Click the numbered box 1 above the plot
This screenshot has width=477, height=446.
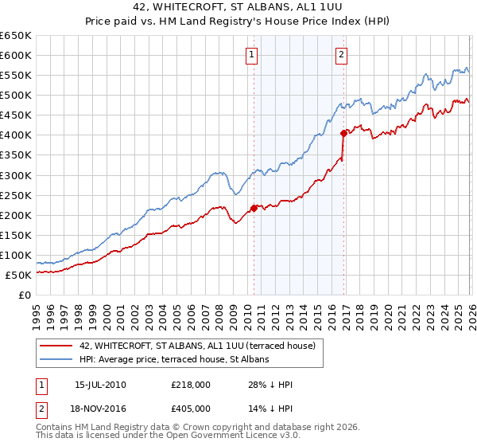click(x=251, y=55)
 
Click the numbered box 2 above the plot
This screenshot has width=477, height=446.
click(x=341, y=55)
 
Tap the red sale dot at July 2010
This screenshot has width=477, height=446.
click(x=254, y=208)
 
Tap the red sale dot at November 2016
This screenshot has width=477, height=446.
click(x=343, y=133)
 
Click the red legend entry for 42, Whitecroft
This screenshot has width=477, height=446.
click(x=197, y=346)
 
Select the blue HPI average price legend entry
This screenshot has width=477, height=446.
click(x=174, y=360)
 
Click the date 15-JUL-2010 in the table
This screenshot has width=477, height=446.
click(x=100, y=385)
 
